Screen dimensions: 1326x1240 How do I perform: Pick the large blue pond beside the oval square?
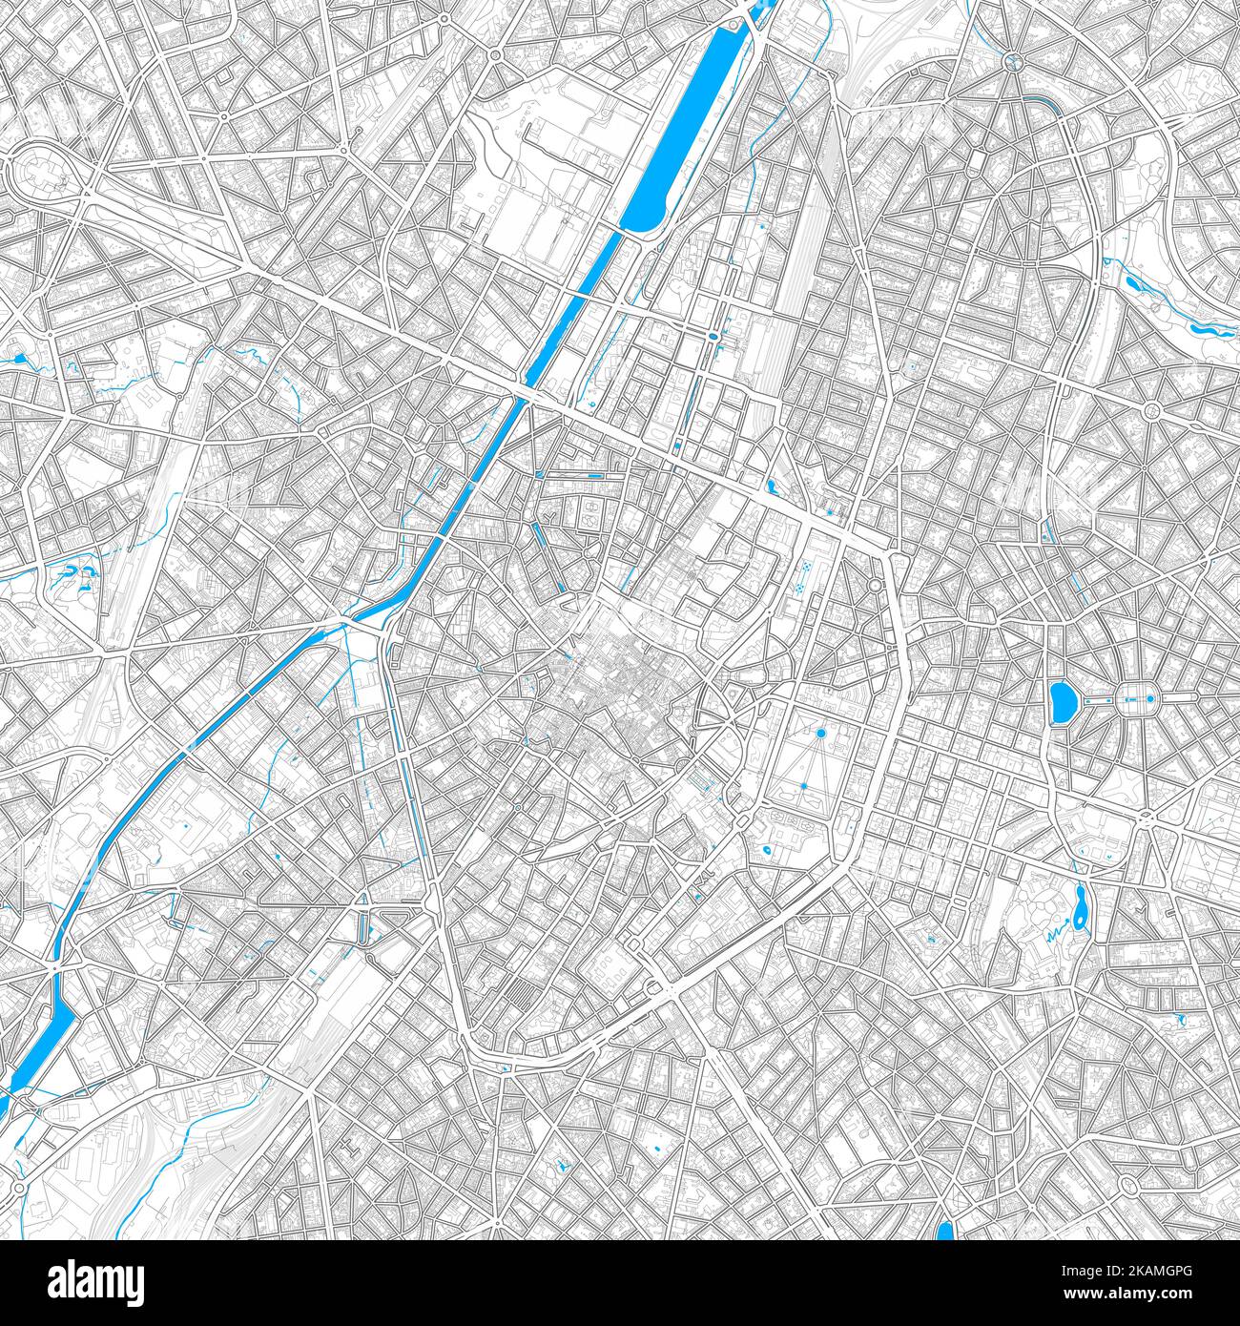click(1059, 704)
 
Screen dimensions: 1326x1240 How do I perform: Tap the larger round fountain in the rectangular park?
click(819, 733)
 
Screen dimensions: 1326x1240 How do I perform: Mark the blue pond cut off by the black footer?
click(945, 1231)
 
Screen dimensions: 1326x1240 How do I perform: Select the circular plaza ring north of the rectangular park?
click(874, 585)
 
